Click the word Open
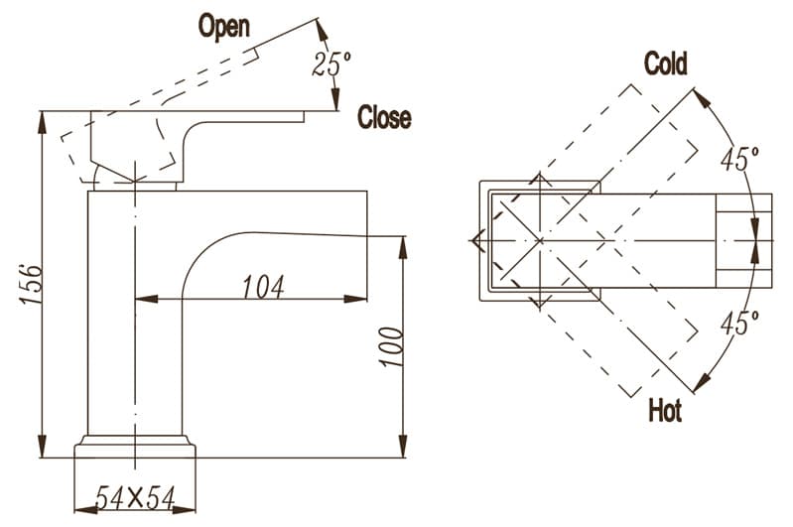224,25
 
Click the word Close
384,117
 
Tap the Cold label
665,64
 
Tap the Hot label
664,409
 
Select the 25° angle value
331,65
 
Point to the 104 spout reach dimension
263,286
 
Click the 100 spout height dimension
391,345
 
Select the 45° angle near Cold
740,159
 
